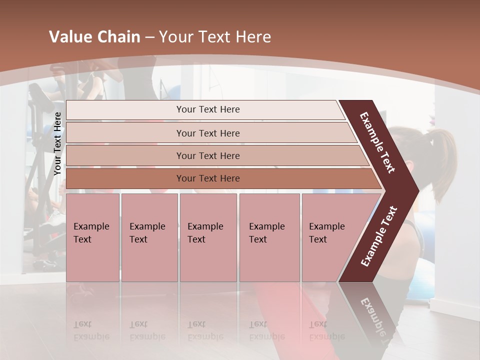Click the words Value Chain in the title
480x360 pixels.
[x=94, y=37]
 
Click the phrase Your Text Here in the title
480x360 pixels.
[x=215, y=37]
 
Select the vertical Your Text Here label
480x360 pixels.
[x=57, y=143]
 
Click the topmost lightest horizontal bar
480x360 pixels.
[x=207, y=109]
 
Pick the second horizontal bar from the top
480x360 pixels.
[x=207, y=133]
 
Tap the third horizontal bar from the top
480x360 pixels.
[x=207, y=155]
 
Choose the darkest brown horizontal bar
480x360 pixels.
[x=207, y=178]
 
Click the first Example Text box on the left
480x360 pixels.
[x=92, y=237]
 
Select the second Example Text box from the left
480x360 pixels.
[x=149, y=237]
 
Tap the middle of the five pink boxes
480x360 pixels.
[x=208, y=237]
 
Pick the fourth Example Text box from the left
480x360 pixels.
[x=269, y=237]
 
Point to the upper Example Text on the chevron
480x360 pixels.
[x=377, y=142]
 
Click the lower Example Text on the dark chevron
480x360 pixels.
[x=379, y=236]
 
